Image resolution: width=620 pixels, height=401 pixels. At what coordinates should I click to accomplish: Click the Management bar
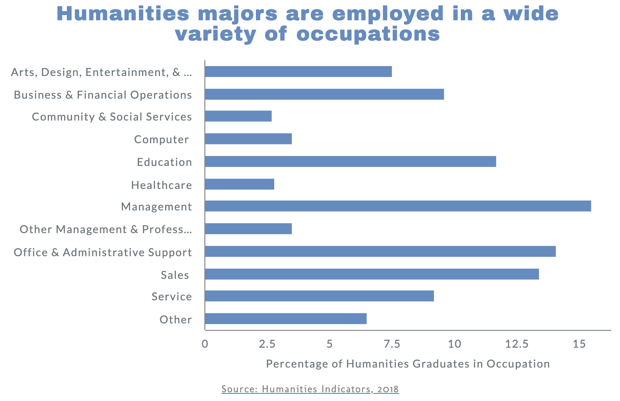(398, 206)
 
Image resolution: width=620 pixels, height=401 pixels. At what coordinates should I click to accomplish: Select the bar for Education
(350, 162)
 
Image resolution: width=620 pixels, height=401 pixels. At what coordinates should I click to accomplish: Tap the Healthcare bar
(240, 184)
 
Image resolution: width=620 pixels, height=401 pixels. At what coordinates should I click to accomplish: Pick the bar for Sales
(372, 274)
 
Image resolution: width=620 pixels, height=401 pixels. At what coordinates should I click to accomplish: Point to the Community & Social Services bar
(238, 116)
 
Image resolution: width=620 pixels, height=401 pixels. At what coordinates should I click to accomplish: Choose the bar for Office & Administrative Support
(380, 251)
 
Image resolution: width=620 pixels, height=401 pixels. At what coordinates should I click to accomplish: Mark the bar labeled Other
(286, 319)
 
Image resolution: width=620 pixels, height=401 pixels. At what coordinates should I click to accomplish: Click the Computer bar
(248, 139)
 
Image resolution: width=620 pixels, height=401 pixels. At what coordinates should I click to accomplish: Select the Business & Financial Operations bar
(324, 94)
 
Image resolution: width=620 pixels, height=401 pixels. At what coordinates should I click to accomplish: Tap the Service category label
(172, 297)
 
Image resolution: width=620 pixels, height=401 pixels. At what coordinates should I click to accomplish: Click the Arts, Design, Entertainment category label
(102, 72)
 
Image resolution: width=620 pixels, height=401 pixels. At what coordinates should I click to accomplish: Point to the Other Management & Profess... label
(106, 230)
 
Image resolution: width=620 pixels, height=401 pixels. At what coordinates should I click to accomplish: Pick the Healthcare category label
(162, 185)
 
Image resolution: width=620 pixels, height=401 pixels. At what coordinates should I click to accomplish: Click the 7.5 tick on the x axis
(392, 344)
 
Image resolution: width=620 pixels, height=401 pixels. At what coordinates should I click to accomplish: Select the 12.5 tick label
(517, 344)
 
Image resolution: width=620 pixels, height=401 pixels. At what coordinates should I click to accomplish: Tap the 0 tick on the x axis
(205, 344)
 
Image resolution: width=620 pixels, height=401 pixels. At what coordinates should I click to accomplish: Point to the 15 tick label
(579, 344)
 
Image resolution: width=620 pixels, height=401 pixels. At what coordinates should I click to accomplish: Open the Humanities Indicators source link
(310, 389)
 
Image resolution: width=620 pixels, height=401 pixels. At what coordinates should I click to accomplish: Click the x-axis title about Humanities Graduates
(408, 364)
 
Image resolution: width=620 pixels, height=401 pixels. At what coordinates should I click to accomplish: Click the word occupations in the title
(368, 34)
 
